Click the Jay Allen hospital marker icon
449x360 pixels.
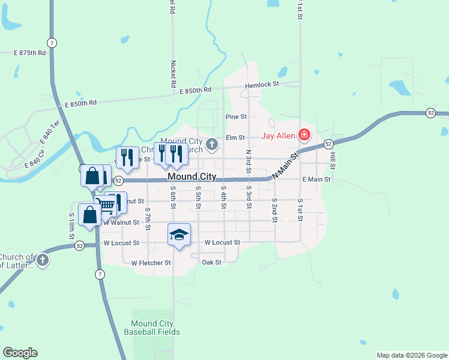[304, 135]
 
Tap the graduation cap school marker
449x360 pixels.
[179, 235]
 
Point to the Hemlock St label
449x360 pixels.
[262, 85]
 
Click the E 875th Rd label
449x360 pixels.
[30, 53]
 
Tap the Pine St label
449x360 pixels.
[237, 116]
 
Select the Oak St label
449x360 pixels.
[212, 262]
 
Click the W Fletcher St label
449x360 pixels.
[151, 263]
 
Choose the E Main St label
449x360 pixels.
[316, 179]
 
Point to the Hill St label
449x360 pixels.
[332, 157]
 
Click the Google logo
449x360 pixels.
[20, 353]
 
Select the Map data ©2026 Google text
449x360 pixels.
[412, 355]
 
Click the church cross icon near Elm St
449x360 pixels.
[212, 144]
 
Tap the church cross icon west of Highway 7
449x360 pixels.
[42, 260]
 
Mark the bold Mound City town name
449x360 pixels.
[191, 177]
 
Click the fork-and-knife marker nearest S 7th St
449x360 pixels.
[127, 157]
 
